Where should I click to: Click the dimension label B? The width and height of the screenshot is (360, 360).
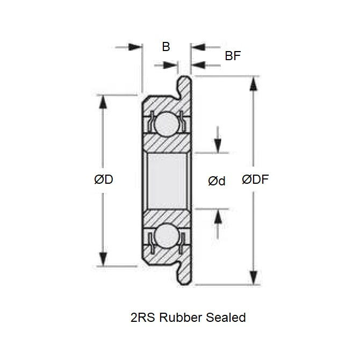[166, 47]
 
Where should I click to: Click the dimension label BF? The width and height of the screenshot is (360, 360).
[233, 56]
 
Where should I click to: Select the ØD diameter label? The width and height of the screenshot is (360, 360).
[103, 180]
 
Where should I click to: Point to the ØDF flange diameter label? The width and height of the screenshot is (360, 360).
[255, 180]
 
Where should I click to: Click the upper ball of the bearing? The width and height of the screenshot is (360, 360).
[166, 123]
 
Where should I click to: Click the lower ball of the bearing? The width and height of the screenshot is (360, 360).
[166, 236]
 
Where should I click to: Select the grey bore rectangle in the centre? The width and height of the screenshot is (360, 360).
[166, 180]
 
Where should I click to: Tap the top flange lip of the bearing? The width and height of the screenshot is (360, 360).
[184, 86]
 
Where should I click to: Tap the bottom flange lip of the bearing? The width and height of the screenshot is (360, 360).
[184, 274]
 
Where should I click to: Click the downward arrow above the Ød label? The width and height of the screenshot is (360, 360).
[218, 146]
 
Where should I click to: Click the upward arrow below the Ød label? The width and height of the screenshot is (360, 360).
[218, 215]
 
